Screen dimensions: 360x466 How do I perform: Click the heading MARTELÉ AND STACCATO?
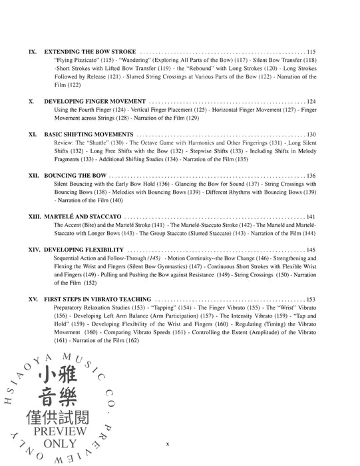click(84, 218)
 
